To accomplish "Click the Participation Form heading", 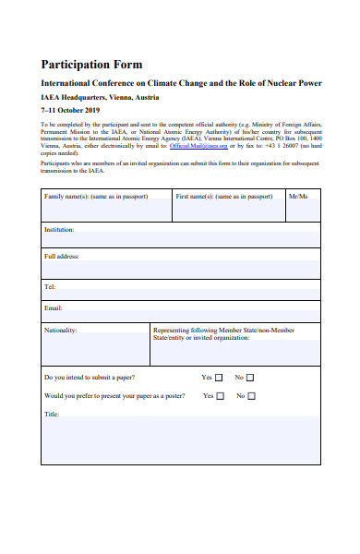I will click(x=91, y=65).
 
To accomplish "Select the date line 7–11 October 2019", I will click(x=74, y=109).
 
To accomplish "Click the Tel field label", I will click(x=50, y=287).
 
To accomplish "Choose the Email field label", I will click(x=54, y=307).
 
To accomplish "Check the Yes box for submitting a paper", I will click(x=221, y=378).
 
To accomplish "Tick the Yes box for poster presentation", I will click(x=221, y=396).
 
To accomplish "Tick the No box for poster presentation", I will click(x=251, y=396).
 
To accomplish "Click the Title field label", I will click(x=53, y=415).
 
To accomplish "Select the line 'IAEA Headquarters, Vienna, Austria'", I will click(x=100, y=96).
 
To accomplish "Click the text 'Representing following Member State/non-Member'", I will click(x=223, y=330).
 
